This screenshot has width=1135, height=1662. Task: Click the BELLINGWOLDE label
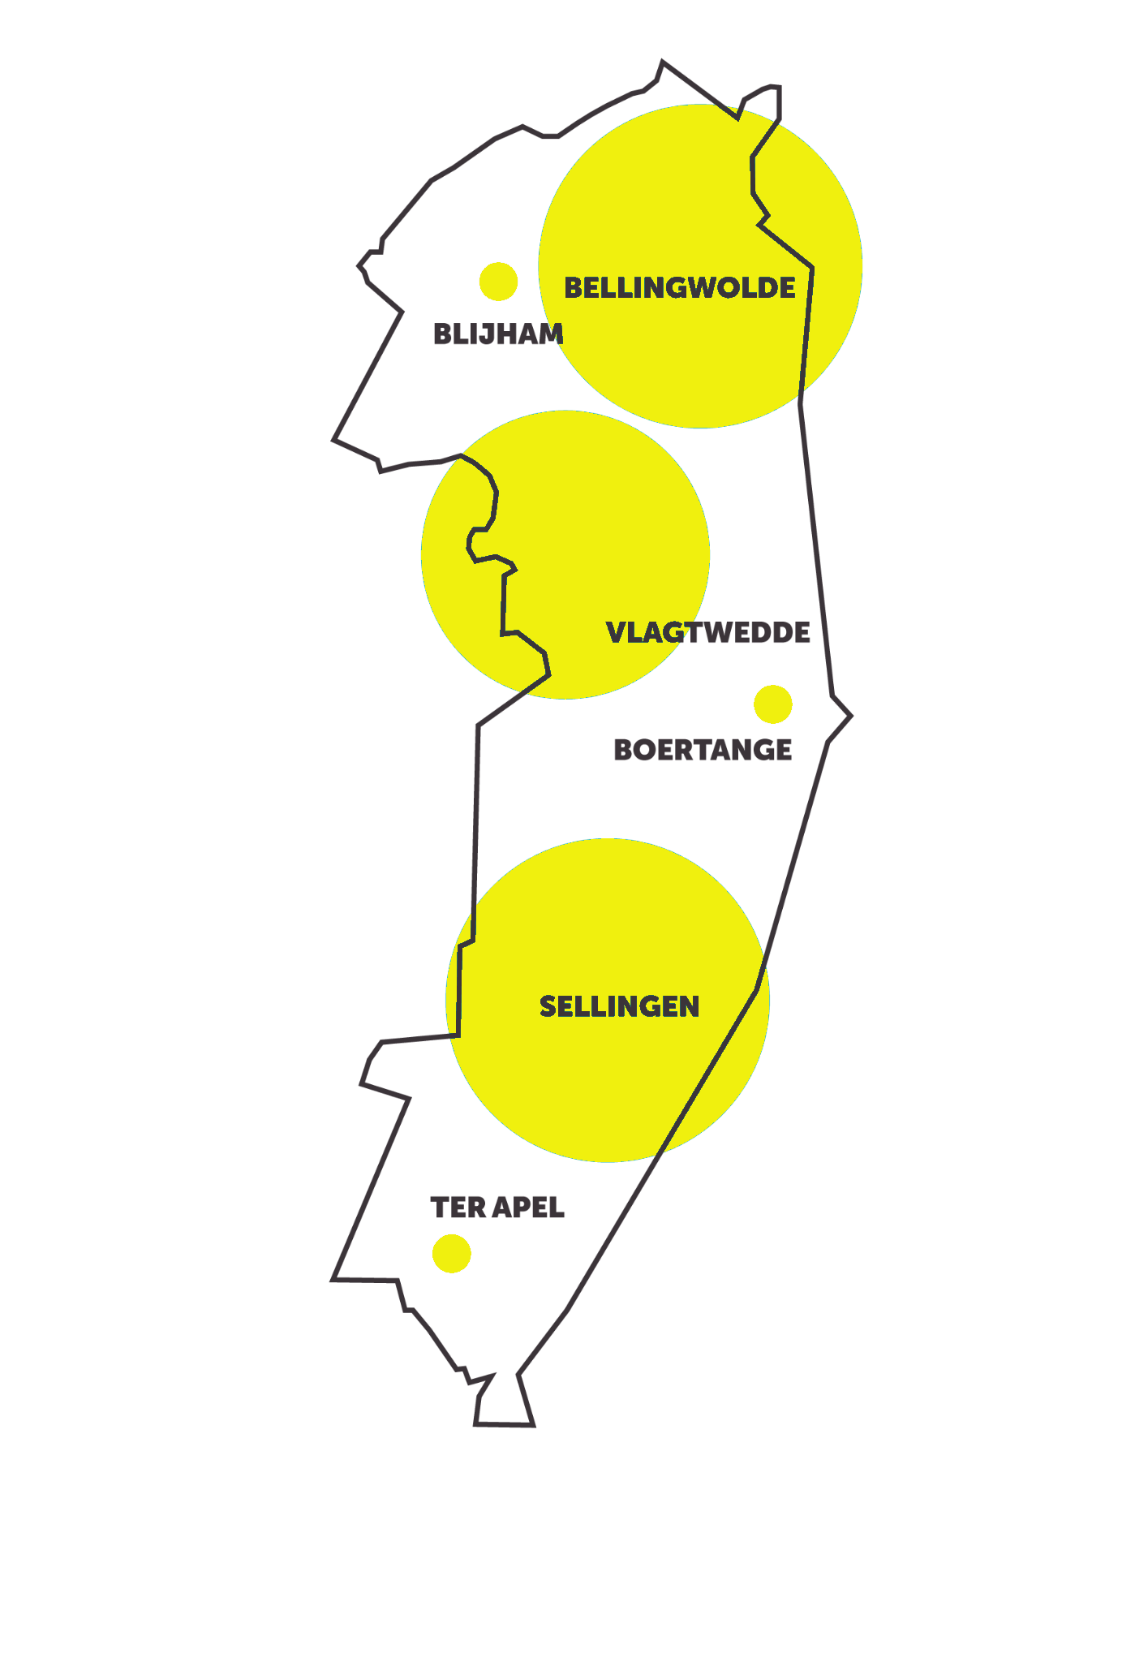(x=680, y=288)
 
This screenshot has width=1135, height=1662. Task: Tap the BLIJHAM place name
(x=498, y=334)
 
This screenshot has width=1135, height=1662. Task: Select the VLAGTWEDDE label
(x=707, y=633)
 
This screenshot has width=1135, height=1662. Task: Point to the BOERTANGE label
(x=703, y=750)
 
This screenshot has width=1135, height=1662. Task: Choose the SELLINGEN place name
(x=619, y=1007)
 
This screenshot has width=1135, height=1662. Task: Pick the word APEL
(x=528, y=1208)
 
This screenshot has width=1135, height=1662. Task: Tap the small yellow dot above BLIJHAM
(x=498, y=282)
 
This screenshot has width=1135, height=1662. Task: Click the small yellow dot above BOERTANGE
(x=772, y=704)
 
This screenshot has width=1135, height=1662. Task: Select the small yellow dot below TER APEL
(x=451, y=1254)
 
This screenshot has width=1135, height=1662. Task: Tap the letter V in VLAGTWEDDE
(x=617, y=633)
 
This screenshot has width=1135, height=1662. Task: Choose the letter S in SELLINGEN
(x=548, y=1007)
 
